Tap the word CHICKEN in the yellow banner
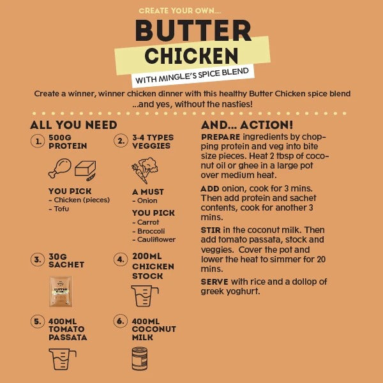(x=191, y=56)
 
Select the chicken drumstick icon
(x=59, y=169)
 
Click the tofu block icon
(x=86, y=169)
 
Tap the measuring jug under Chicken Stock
(x=144, y=296)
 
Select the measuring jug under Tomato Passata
(x=62, y=359)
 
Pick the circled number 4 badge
(x=121, y=260)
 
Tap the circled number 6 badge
(x=121, y=320)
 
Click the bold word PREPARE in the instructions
(x=221, y=137)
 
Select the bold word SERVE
(x=215, y=282)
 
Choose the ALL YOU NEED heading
(x=73, y=124)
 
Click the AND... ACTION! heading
(x=247, y=124)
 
